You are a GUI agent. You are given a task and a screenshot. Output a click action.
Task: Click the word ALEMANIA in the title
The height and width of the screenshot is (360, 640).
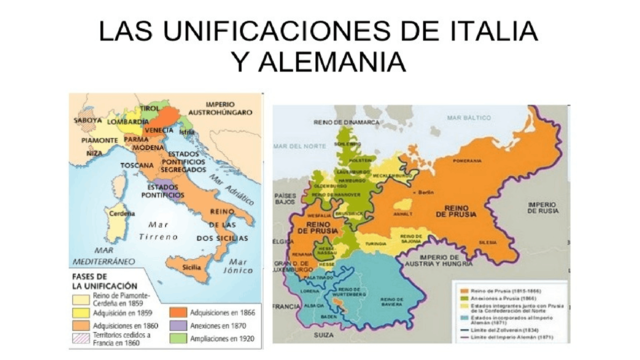[318, 62]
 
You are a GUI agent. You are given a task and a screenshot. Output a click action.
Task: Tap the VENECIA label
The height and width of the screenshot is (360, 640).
[162, 130]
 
